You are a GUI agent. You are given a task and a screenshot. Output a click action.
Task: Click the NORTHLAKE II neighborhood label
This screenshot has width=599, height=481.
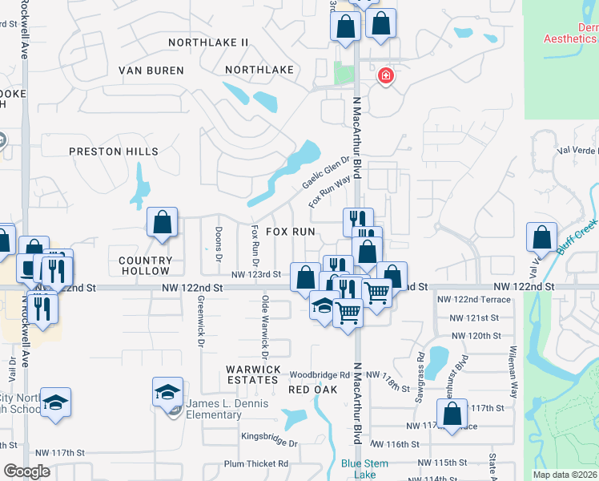click(x=209, y=42)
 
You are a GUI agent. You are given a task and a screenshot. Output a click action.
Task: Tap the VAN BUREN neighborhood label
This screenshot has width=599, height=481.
click(x=151, y=71)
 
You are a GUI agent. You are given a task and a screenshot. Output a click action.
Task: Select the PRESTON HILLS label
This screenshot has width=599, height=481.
click(x=113, y=151)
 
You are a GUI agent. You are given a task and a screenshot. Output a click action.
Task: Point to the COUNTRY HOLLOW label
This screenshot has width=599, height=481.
click(x=146, y=265)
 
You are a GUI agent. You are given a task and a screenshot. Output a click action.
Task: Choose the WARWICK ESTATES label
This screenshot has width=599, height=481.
click(x=253, y=374)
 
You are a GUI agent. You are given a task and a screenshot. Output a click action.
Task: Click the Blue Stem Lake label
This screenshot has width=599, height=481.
click(x=364, y=469)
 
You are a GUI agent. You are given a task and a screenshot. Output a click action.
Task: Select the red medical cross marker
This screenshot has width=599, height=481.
click(x=386, y=76)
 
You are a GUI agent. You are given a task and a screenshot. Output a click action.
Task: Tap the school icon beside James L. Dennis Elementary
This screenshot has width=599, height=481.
click(x=167, y=391)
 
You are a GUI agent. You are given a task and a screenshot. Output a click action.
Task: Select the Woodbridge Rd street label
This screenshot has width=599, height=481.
click(x=320, y=374)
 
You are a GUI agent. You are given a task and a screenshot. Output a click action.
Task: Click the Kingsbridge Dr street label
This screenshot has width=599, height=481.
click(x=270, y=443)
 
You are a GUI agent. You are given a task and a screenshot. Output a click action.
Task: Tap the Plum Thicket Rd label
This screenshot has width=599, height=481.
click(x=256, y=464)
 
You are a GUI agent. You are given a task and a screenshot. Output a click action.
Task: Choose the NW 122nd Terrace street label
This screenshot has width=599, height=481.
click(x=473, y=299)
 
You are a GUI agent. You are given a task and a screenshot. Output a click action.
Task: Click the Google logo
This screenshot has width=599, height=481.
click(x=27, y=471)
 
